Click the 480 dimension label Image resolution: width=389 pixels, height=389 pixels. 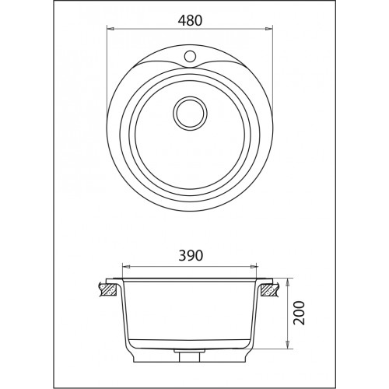point(190,21)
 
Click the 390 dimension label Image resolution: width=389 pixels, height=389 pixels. point(191,256)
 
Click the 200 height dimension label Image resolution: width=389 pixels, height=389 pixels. point(300,313)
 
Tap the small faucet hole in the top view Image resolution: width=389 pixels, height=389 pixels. point(190,56)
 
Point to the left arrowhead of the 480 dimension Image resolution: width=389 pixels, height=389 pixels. point(111,29)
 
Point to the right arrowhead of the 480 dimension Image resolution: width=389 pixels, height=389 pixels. point(269,29)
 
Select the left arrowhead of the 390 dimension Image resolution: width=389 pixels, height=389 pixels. point(126,266)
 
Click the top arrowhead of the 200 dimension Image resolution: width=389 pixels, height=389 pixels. point(287,283)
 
